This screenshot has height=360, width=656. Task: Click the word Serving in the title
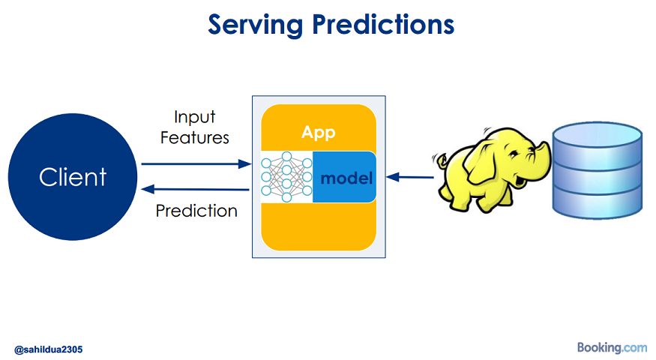(x=256, y=25)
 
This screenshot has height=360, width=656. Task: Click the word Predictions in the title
(x=383, y=24)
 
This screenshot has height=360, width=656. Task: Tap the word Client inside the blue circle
(x=73, y=177)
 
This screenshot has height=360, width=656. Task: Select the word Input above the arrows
(x=194, y=117)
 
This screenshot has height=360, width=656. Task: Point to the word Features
(x=194, y=138)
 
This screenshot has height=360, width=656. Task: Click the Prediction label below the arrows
(x=196, y=211)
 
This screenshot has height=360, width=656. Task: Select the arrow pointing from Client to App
(x=196, y=163)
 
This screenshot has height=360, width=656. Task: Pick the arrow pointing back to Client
(x=196, y=190)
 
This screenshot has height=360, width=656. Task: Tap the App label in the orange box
(x=319, y=133)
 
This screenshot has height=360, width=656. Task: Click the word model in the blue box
(x=346, y=178)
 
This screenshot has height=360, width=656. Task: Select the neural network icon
(x=286, y=177)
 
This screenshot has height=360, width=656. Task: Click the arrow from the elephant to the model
(x=410, y=177)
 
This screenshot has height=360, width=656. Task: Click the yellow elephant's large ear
(x=482, y=163)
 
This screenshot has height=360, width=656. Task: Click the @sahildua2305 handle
(x=49, y=349)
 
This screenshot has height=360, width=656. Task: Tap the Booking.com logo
(x=612, y=347)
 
